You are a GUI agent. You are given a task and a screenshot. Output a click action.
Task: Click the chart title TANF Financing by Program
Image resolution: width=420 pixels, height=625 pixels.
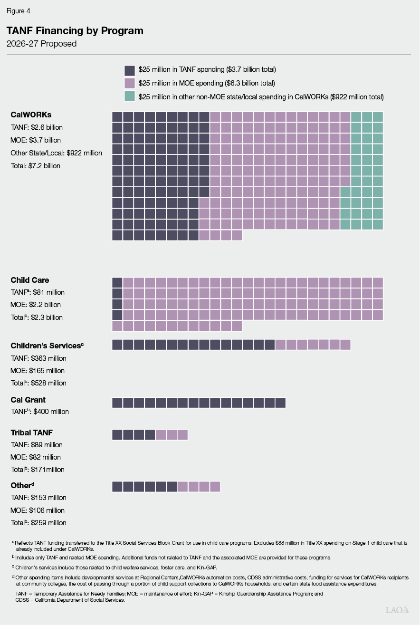pyautogui.click(x=75, y=31)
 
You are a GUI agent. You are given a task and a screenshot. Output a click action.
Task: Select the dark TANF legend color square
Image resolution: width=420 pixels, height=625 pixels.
pyautogui.click(x=130, y=70)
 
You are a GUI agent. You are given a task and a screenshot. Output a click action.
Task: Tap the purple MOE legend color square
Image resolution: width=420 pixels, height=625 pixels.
pyautogui.click(x=130, y=83)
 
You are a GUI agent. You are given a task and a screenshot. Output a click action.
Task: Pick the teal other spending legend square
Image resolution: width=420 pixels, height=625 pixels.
pyautogui.click(x=130, y=96)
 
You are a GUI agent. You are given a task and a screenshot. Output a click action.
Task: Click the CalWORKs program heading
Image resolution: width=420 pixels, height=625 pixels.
pyautogui.click(x=31, y=115)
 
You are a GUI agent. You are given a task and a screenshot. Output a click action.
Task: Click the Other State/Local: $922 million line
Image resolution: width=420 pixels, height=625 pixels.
pyautogui.click(x=56, y=153)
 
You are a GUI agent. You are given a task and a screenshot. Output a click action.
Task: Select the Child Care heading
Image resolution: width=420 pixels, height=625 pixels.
pyautogui.click(x=30, y=280)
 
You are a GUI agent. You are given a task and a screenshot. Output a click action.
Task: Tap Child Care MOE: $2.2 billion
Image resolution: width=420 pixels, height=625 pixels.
pyautogui.click(x=36, y=305)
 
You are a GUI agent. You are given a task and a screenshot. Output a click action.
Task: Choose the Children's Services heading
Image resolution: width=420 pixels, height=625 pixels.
pyautogui.click(x=47, y=346)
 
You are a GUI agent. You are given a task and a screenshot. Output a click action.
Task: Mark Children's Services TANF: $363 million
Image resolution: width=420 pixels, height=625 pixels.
pyautogui.click(x=38, y=358)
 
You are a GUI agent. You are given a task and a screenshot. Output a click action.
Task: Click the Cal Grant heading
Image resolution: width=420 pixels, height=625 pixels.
pyautogui.click(x=28, y=400)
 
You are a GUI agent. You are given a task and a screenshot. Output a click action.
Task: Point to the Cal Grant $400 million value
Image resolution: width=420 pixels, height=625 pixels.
pyautogui.click(x=40, y=412)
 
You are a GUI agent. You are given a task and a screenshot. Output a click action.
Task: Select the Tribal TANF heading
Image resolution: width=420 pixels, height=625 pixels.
pyautogui.click(x=32, y=433)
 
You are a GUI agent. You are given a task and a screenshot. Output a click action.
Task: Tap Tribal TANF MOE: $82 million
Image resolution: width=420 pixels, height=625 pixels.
pyautogui.click(x=36, y=457)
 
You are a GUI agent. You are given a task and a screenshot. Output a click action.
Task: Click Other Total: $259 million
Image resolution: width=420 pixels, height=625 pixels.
pyautogui.click(x=38, y=523)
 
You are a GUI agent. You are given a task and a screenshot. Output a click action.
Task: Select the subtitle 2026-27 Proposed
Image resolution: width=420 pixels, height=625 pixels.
pyautogui.click(x=41, y=44)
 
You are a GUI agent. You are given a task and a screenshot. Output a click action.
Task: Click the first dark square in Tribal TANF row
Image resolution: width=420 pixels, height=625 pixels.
pyautogui.click(x=117, y=434)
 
